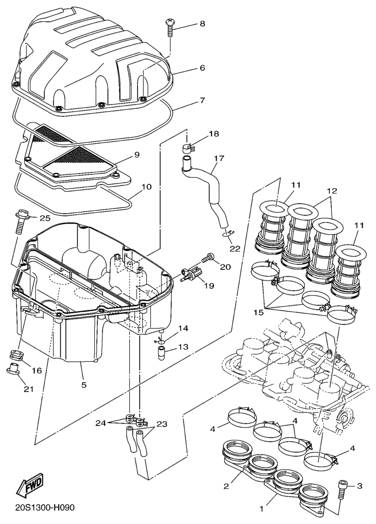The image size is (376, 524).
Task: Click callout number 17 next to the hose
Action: tap(220, 158)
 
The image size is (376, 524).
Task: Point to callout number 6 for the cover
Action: tap(202, 67)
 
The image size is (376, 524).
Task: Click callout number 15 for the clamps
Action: tap(258, 313)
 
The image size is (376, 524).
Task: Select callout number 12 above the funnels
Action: tap(332, 191)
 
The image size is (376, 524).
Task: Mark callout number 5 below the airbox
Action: tap(84, 385)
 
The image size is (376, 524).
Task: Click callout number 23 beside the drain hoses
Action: tap(162, 424)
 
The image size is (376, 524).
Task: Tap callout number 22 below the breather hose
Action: tap(235, 248)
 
